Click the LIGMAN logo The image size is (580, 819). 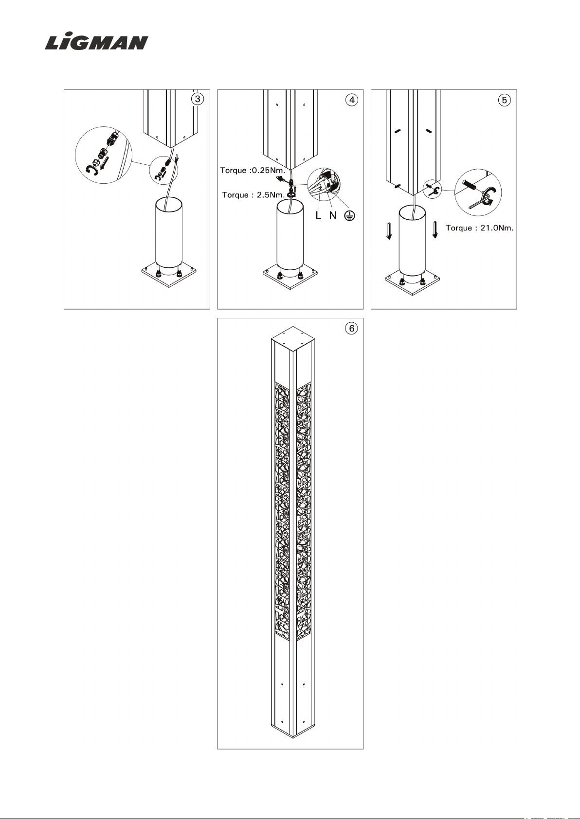[x=96, y=42]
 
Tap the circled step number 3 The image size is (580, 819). [x=198, y=99]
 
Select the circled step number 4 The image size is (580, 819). [x=352, y=100]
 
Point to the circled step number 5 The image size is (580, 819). [x=505, y=100]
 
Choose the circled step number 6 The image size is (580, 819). [x=352, y=329]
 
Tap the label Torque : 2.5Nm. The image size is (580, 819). [x=253, y=195]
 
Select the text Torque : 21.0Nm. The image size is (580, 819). [x=479, y=228]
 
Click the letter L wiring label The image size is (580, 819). [x=318, y=215]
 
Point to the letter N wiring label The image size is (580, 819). [x=333, y=215]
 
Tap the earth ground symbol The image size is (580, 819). [x=349, y=216]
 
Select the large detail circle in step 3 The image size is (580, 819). [x=104, y=155]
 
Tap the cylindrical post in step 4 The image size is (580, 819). [x=290, y=238]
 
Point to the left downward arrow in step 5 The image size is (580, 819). [x=389, y=230]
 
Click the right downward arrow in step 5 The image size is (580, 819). [x=435, y=229]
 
